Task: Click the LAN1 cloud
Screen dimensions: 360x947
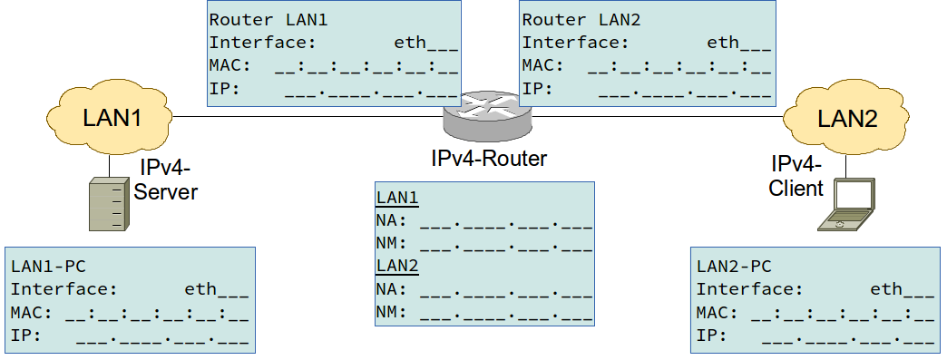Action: (111, 118)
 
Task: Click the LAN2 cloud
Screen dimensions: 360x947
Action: (847, 118)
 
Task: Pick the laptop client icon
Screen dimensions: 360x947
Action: (846, 204)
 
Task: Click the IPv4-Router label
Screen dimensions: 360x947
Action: (489, 159)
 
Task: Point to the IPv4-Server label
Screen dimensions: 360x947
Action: (167, 180)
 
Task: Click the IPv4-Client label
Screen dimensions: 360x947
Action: (796, 176)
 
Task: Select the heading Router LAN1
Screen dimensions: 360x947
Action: (256, 18)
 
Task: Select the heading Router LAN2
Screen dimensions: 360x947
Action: (569, 18)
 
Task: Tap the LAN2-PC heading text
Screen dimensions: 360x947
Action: (732, 267)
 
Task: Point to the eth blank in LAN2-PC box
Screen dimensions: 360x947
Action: (902, 289)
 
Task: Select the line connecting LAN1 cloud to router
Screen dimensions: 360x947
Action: (308, 116)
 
